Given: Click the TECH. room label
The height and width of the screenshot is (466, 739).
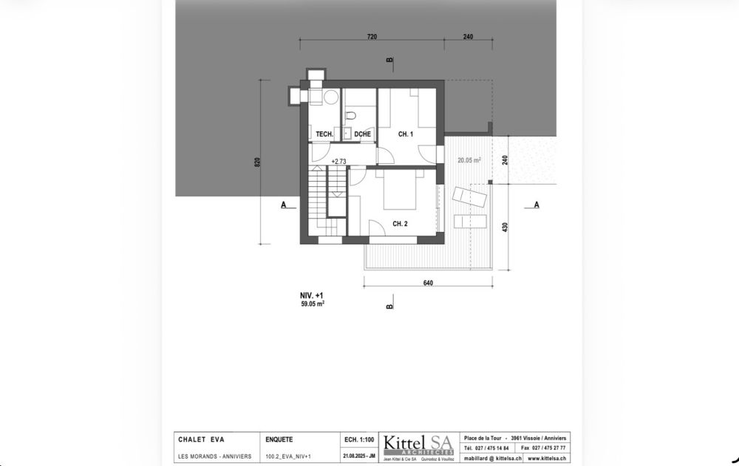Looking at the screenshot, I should click(324, 134).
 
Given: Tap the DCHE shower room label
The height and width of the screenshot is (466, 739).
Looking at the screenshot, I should click(362, 134).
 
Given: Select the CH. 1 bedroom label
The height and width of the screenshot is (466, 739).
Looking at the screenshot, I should click(405, 134).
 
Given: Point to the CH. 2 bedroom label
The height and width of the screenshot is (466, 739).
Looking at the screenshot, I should click(400, 224).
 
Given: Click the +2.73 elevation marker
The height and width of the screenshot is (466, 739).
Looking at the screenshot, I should click(338, 161).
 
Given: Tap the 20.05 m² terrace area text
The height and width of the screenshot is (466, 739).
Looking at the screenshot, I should click(469, 160).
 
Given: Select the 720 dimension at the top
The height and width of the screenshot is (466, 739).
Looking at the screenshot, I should click(372, 36).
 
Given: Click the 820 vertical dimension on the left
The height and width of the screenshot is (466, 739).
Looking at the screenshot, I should click(257, 162).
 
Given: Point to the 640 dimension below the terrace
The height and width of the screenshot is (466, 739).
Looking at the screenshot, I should click(428, 282).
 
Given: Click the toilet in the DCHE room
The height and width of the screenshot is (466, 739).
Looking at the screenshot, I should click(353, 114).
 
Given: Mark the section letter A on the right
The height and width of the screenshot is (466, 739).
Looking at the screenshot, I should click(536, 205).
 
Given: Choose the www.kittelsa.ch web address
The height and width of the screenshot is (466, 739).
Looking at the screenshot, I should click(548, 458).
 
